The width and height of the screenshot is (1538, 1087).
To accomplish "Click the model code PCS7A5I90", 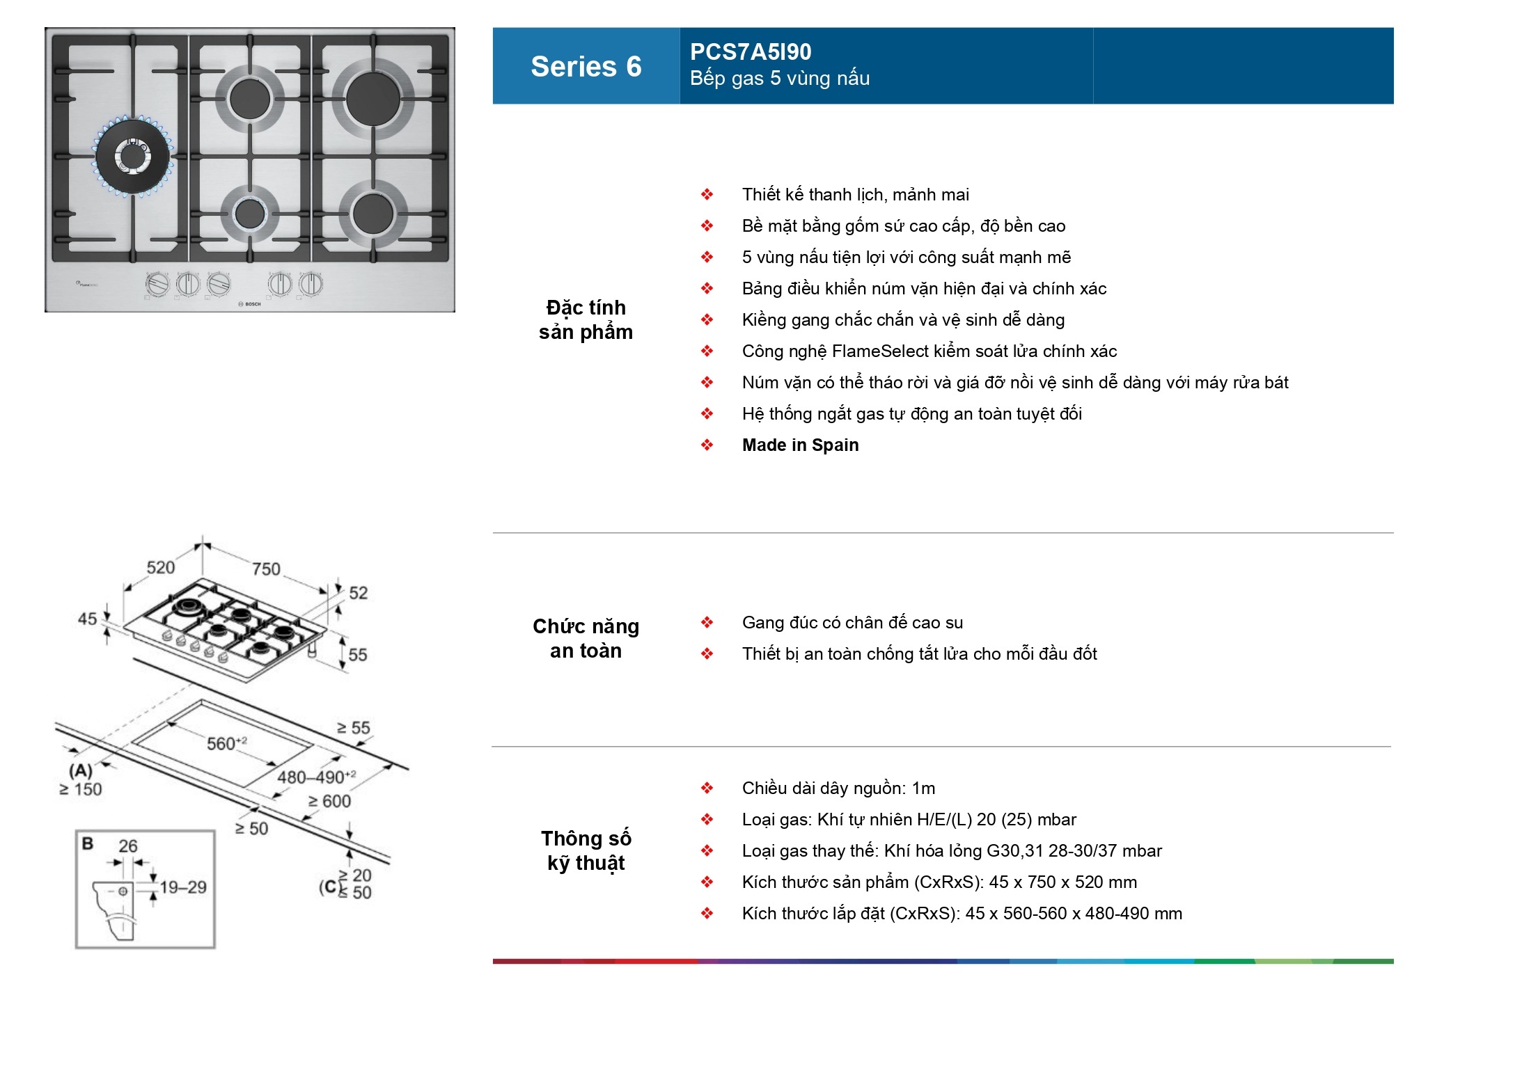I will click(x=750, y=51).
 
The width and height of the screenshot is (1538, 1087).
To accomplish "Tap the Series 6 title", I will click(x=586, y=67).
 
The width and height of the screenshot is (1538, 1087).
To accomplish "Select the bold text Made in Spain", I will click(x=800, y=445).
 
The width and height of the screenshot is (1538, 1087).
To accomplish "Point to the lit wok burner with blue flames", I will click(x=132, y=156).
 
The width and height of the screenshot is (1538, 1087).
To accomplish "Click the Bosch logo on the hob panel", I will click(x=250, y=304).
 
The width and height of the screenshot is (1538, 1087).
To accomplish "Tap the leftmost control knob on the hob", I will click(x=157, y=284).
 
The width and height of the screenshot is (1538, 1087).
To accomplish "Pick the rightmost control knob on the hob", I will click(x=311, y=283).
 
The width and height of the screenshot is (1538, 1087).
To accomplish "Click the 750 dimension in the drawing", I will click(x=266, y=569).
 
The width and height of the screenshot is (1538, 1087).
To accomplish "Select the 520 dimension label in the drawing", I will click(x=160, y=567).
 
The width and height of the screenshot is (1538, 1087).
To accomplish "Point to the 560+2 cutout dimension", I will click(x=226, y=743).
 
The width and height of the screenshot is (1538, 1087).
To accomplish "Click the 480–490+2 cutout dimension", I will click(x=316, y=777).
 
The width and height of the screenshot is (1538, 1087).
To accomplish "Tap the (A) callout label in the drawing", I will click(x=81, y=770).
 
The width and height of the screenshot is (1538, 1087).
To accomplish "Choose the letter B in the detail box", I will click(x=88, y=843).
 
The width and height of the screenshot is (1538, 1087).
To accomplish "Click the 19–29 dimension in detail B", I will click(x=183, y=887).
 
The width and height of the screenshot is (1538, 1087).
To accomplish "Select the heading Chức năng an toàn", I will click(x=586, y=638).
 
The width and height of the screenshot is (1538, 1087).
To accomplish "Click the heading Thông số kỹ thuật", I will click(x=586, y=850).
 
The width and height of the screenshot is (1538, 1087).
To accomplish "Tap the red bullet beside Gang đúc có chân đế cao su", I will click(x=707, y=623).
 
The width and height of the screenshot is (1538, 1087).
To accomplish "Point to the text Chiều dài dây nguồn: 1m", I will click(x=838, y=788).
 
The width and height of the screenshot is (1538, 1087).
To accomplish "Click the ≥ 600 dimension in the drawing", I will click(x=329, y=802).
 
